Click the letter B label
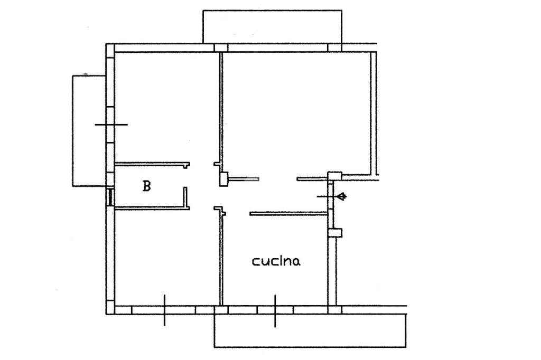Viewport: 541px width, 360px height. pyautogui.click(x=147, y=186)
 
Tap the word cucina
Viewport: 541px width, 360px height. pyautogui.click(x=276, y=261)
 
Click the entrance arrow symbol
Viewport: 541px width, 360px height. pyautogui.click(x=342, y=196)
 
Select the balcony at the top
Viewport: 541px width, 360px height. pyautogui.click(x=272, y=27)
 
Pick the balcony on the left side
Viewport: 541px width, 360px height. pyautogui.click(x=89, y=131)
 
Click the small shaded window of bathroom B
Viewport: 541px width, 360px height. pyautogui.click(x=110, y=197)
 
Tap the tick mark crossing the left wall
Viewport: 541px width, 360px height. pyautogui.click(x=111, y=125)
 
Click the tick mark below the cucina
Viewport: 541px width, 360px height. pyautogui.click(x=275, y=311)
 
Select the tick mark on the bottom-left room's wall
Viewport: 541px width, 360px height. pyautogui.click(x=164, y=310)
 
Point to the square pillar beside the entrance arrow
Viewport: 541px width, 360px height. pyautogui.click(x=334, y=176)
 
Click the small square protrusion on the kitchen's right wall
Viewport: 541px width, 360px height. pyautogui.click(x=335, y=233)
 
